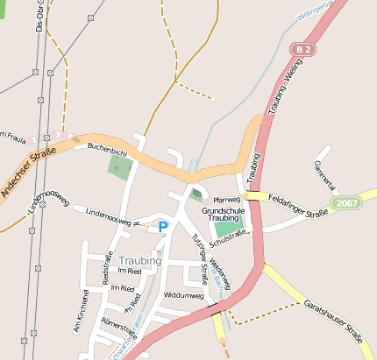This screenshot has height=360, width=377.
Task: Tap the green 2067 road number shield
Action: (347, 202)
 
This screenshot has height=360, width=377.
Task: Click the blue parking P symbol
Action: (162, 227)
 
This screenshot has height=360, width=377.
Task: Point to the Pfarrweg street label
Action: (226, 200)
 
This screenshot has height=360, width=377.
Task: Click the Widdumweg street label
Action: (183, 296)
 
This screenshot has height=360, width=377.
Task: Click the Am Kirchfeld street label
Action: (80, 312)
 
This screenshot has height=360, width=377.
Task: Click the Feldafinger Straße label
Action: (298, 206)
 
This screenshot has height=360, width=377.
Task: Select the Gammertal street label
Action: (324, 174)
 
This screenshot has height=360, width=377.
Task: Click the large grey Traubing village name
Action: (139, 261)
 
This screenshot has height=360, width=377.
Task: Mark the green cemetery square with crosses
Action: (117, 166)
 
